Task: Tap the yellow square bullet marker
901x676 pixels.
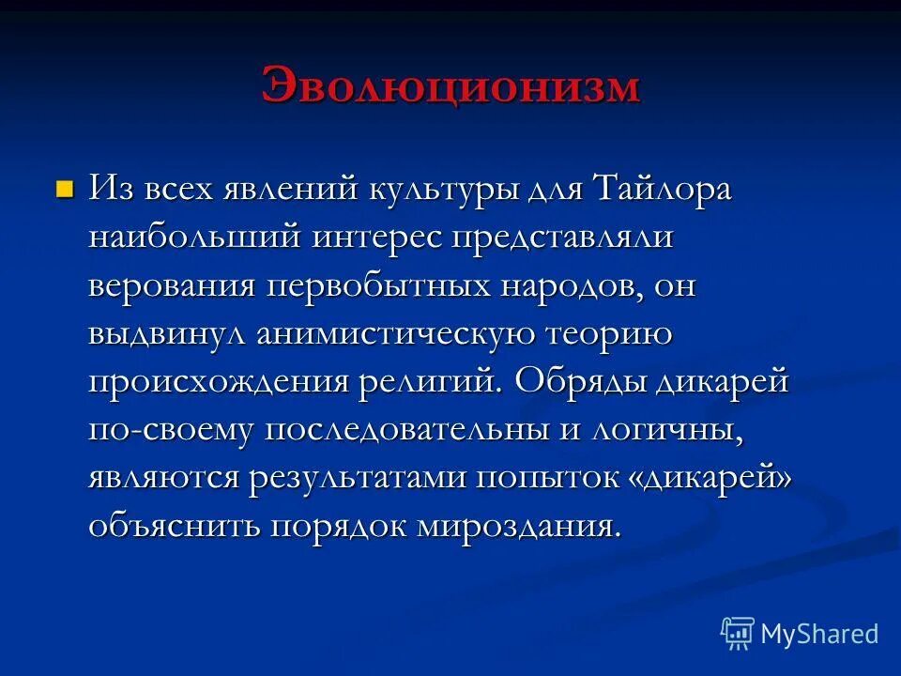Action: tap(64, 190)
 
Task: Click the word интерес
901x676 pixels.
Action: tap(379, 237)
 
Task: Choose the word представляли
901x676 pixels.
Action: tap(564, 237)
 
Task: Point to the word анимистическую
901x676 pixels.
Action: tap(395, 334)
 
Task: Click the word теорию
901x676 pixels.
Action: tap(610, 333)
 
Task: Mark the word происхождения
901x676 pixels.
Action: tap(216, 382)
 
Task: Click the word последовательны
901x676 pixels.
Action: tap(418, 430)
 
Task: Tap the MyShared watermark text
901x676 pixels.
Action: tap(819, 634)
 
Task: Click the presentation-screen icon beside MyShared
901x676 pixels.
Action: tap(738, 633)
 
